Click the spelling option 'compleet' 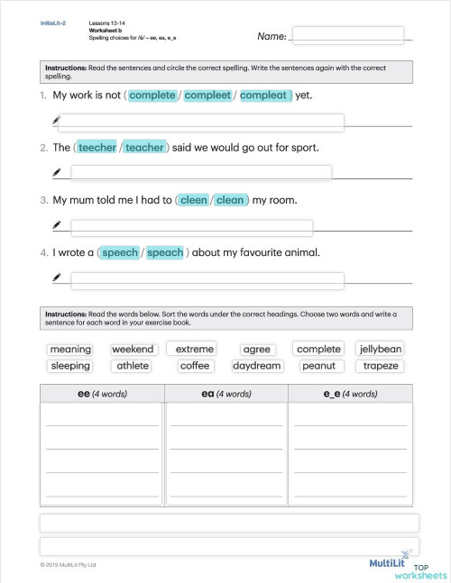click(x=207, y=95)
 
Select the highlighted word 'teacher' click(x=144, y=148)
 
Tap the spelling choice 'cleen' click(x=194, y=200)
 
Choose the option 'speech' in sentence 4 click(x=120, y=252)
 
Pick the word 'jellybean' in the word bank click(x=381, y=349)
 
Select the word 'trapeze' click(x=381, y=366)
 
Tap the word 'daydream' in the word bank click(x=257, y=366)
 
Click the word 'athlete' click(x=132, y=366)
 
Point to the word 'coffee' click(x=195, y=366)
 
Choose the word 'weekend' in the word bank click(x=133, y=349)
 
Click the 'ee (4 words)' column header click(x=103, y=394)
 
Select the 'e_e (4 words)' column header click(x=350, y=394)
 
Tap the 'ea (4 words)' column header click(x=226, y=394)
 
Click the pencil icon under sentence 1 click(x=57, y=120)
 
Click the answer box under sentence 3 click(x=191, y=227)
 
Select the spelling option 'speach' click(x=165, y=252)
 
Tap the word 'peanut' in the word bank click(x=318, y=366)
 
